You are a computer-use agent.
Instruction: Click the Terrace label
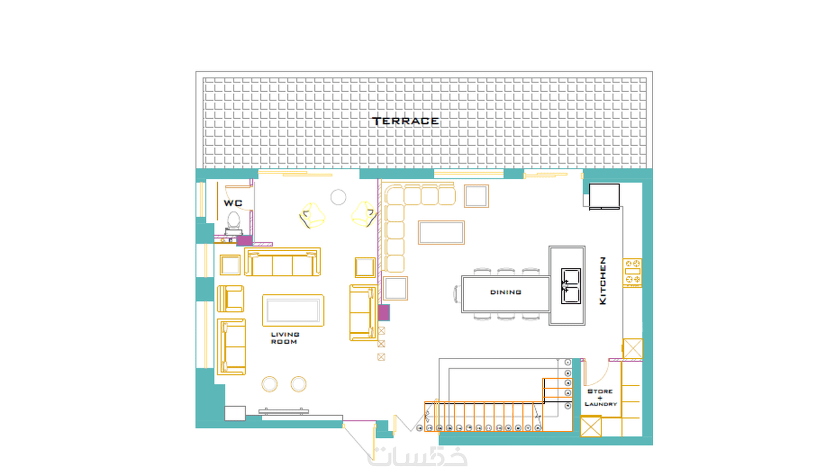[406, 121]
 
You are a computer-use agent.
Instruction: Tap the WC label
[233, 203]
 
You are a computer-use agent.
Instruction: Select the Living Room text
[285, 338]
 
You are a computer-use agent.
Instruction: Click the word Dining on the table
[505, 292]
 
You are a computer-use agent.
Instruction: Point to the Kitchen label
[603, 281]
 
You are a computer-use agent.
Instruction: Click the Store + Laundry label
[601, 397]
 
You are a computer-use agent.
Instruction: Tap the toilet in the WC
[234, 223]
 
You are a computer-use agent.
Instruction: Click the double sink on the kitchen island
[571, 286]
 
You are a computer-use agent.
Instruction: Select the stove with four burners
[632, 273]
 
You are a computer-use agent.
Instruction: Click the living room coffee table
[293, 310]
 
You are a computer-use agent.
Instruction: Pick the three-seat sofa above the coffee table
[282, 262]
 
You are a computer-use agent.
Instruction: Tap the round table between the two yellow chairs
[338, 197]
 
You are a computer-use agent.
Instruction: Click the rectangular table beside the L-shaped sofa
[442, 233]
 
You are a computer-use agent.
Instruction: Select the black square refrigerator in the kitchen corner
[604, 196]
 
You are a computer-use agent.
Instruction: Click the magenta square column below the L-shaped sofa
[384, 313]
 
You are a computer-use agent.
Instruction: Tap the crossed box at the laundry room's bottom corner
[591, 426]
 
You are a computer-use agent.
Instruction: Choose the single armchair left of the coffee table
[231, 299]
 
